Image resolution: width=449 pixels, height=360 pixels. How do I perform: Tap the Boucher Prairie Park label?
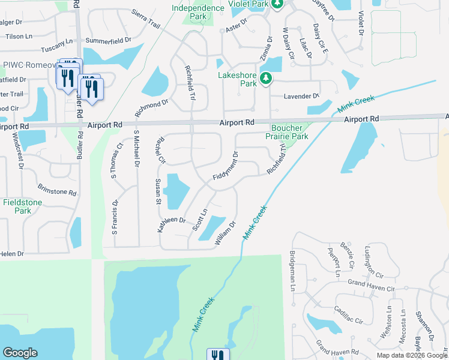pyautogui.click(x=290, y=132)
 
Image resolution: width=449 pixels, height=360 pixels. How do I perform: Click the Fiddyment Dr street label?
pyautogui.click(x=226, y=167)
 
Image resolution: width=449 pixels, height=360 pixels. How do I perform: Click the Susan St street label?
pyautogui.click(x=158, y=191)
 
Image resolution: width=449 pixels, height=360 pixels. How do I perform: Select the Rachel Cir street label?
pyautogui.click(x=160, y=151)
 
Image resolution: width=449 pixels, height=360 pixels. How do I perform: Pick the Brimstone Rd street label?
pyautogui.click(x=57, y=193)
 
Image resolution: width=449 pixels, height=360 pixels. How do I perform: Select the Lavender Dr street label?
pyautogui.click(x=302, y=96)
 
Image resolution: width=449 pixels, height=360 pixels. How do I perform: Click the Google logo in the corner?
pyautogui.click(x=20, y=353)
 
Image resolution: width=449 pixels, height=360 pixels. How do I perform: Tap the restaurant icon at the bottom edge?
pyautogui.click(x=218, y=355)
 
